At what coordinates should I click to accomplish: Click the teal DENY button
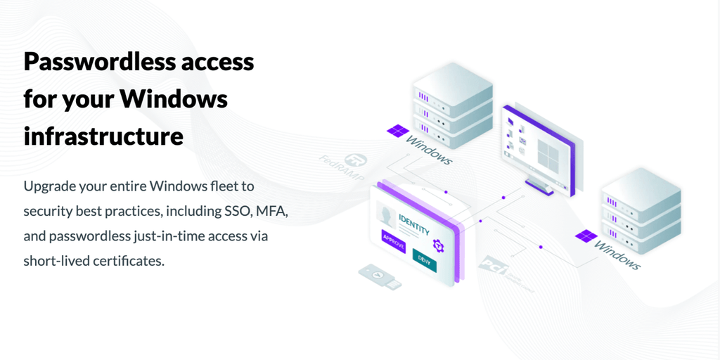(x=424, y=259)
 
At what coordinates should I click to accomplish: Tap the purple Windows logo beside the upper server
(x=397, y=131)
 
